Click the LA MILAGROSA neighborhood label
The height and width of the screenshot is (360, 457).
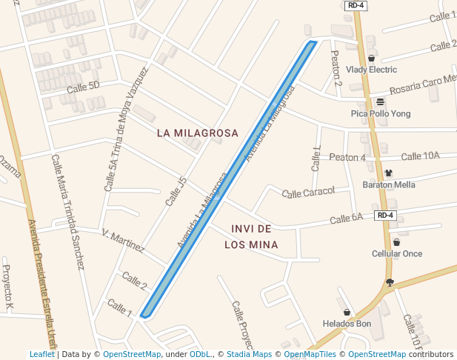click(x=198, y=133)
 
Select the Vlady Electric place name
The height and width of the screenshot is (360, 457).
click(x=371, y=70)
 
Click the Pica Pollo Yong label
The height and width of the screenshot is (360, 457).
click(x=380, y=114)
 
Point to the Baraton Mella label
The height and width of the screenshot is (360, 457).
click(x=388, y=184)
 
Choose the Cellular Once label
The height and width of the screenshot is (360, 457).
click(x=396, y=253)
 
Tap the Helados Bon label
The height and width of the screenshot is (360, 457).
click(x=347, y=324)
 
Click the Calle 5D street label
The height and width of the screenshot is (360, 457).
click(x=83, y=87)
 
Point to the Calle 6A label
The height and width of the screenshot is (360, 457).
click(x=346, y=219)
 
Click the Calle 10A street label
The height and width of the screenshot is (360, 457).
click(x=420, y=156)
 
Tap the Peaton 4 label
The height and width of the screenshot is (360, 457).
click(x=347, y=158)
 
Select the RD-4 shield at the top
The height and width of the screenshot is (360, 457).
click(x=356, y=6)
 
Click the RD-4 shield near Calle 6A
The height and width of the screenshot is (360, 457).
click(x=385, y=216)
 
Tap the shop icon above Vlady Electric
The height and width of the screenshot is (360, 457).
click(x=371, y=58)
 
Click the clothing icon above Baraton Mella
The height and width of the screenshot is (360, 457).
click(x=388, y=173)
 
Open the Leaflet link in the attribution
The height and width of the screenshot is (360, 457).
click(x=41, y=355)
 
